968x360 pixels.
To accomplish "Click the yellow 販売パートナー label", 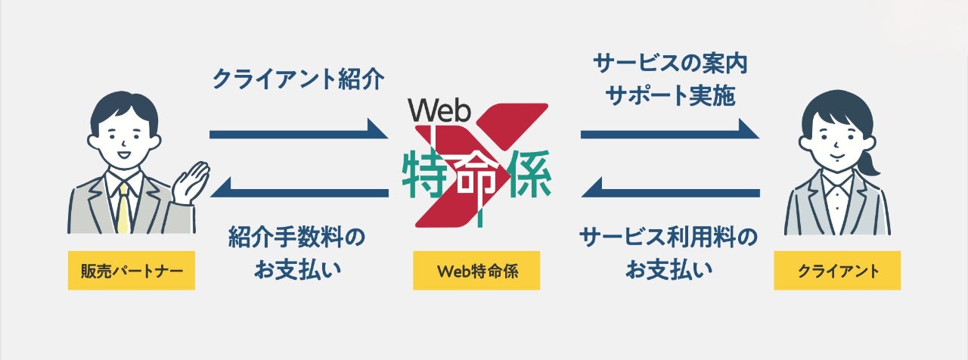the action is [132, 270].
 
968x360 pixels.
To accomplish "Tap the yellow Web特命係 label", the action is [476, 270].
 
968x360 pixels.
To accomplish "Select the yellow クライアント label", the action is [837, 270].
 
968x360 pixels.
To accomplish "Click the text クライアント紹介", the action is [299, 79].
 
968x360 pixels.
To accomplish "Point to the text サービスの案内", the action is [671, 64].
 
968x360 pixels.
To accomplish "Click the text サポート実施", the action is [671, 97].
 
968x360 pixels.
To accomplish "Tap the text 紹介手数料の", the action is [296, 237].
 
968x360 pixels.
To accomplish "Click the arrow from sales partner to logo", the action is [299, 133].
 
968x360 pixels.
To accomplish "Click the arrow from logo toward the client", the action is [670, 133].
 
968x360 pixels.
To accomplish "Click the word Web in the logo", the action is [439, 111].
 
